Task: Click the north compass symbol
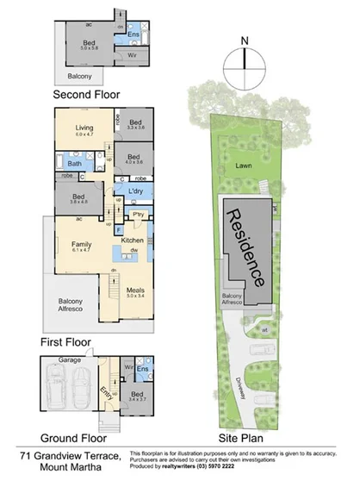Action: coord(245,59)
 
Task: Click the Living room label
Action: coord(84,128)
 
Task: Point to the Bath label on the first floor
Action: coord(75,163)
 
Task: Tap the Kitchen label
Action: coord(131,239)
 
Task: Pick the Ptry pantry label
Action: coord(137,214)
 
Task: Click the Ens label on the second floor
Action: coord(134,35)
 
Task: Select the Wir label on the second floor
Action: coord(133,55)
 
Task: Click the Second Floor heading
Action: coord(86,95)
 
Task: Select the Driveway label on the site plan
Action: coord(237,380)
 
